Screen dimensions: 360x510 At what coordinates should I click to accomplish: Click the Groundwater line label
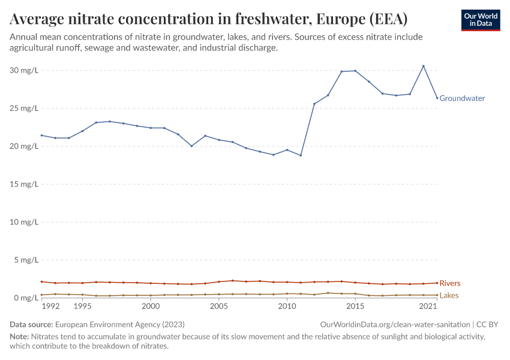tap(462, 98)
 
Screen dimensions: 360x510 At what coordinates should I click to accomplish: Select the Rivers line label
tap(450, 283)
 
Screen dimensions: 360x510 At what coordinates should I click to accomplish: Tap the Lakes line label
tap(449, 296)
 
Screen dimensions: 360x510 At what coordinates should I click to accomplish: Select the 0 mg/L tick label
tap(26, 298)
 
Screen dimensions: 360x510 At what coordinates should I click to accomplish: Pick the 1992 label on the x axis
tap(51, 307)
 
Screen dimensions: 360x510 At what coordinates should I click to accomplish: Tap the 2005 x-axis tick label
tap(219, 307)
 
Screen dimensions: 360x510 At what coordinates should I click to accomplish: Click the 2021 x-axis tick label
tap(428, 307)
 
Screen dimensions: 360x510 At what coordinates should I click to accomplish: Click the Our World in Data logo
tap(481, 20)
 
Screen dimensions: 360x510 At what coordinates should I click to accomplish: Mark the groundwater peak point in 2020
tap(424, 66)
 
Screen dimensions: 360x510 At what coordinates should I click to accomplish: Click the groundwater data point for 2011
tap(301, 155)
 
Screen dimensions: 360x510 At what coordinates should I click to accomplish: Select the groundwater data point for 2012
tap(314, 104)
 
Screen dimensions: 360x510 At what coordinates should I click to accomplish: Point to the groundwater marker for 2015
tap(355, 71)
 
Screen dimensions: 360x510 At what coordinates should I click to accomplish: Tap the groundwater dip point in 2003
tap(191, 146)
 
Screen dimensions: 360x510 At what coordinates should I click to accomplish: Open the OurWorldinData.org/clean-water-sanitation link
tap(395, 325)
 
